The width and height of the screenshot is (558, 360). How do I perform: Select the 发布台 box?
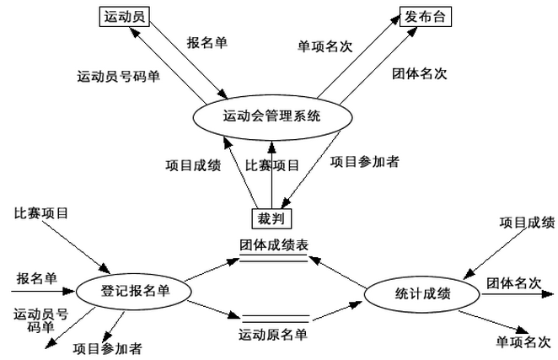point(423,16)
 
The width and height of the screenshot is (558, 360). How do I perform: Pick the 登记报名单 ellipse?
point(134,292)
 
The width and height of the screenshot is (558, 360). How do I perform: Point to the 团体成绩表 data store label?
point(273,245)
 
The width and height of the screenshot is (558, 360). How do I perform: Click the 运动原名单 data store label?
point(273,335)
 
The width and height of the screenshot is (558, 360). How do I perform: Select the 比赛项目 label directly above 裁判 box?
point(272,165)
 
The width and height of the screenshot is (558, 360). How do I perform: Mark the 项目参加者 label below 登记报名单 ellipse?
point(107,347)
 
